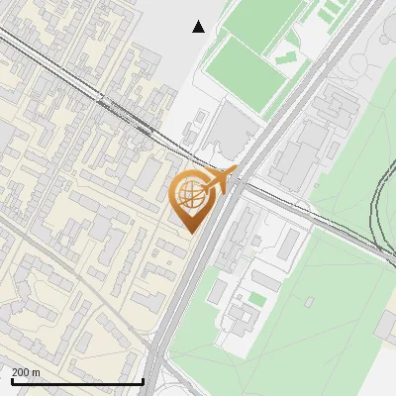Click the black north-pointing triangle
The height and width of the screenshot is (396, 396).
pos(199,27)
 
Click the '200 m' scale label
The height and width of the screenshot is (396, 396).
pos(26,372)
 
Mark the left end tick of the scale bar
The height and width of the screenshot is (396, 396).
pos(12,381)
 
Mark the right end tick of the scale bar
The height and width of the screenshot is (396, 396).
pos(144,381)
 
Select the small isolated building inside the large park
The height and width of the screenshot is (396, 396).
pos(309,301)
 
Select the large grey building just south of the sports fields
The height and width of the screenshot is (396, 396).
pos(235,129)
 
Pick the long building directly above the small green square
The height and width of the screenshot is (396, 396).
pos(267,280)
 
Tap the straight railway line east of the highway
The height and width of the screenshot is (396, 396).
pos(317,213)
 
